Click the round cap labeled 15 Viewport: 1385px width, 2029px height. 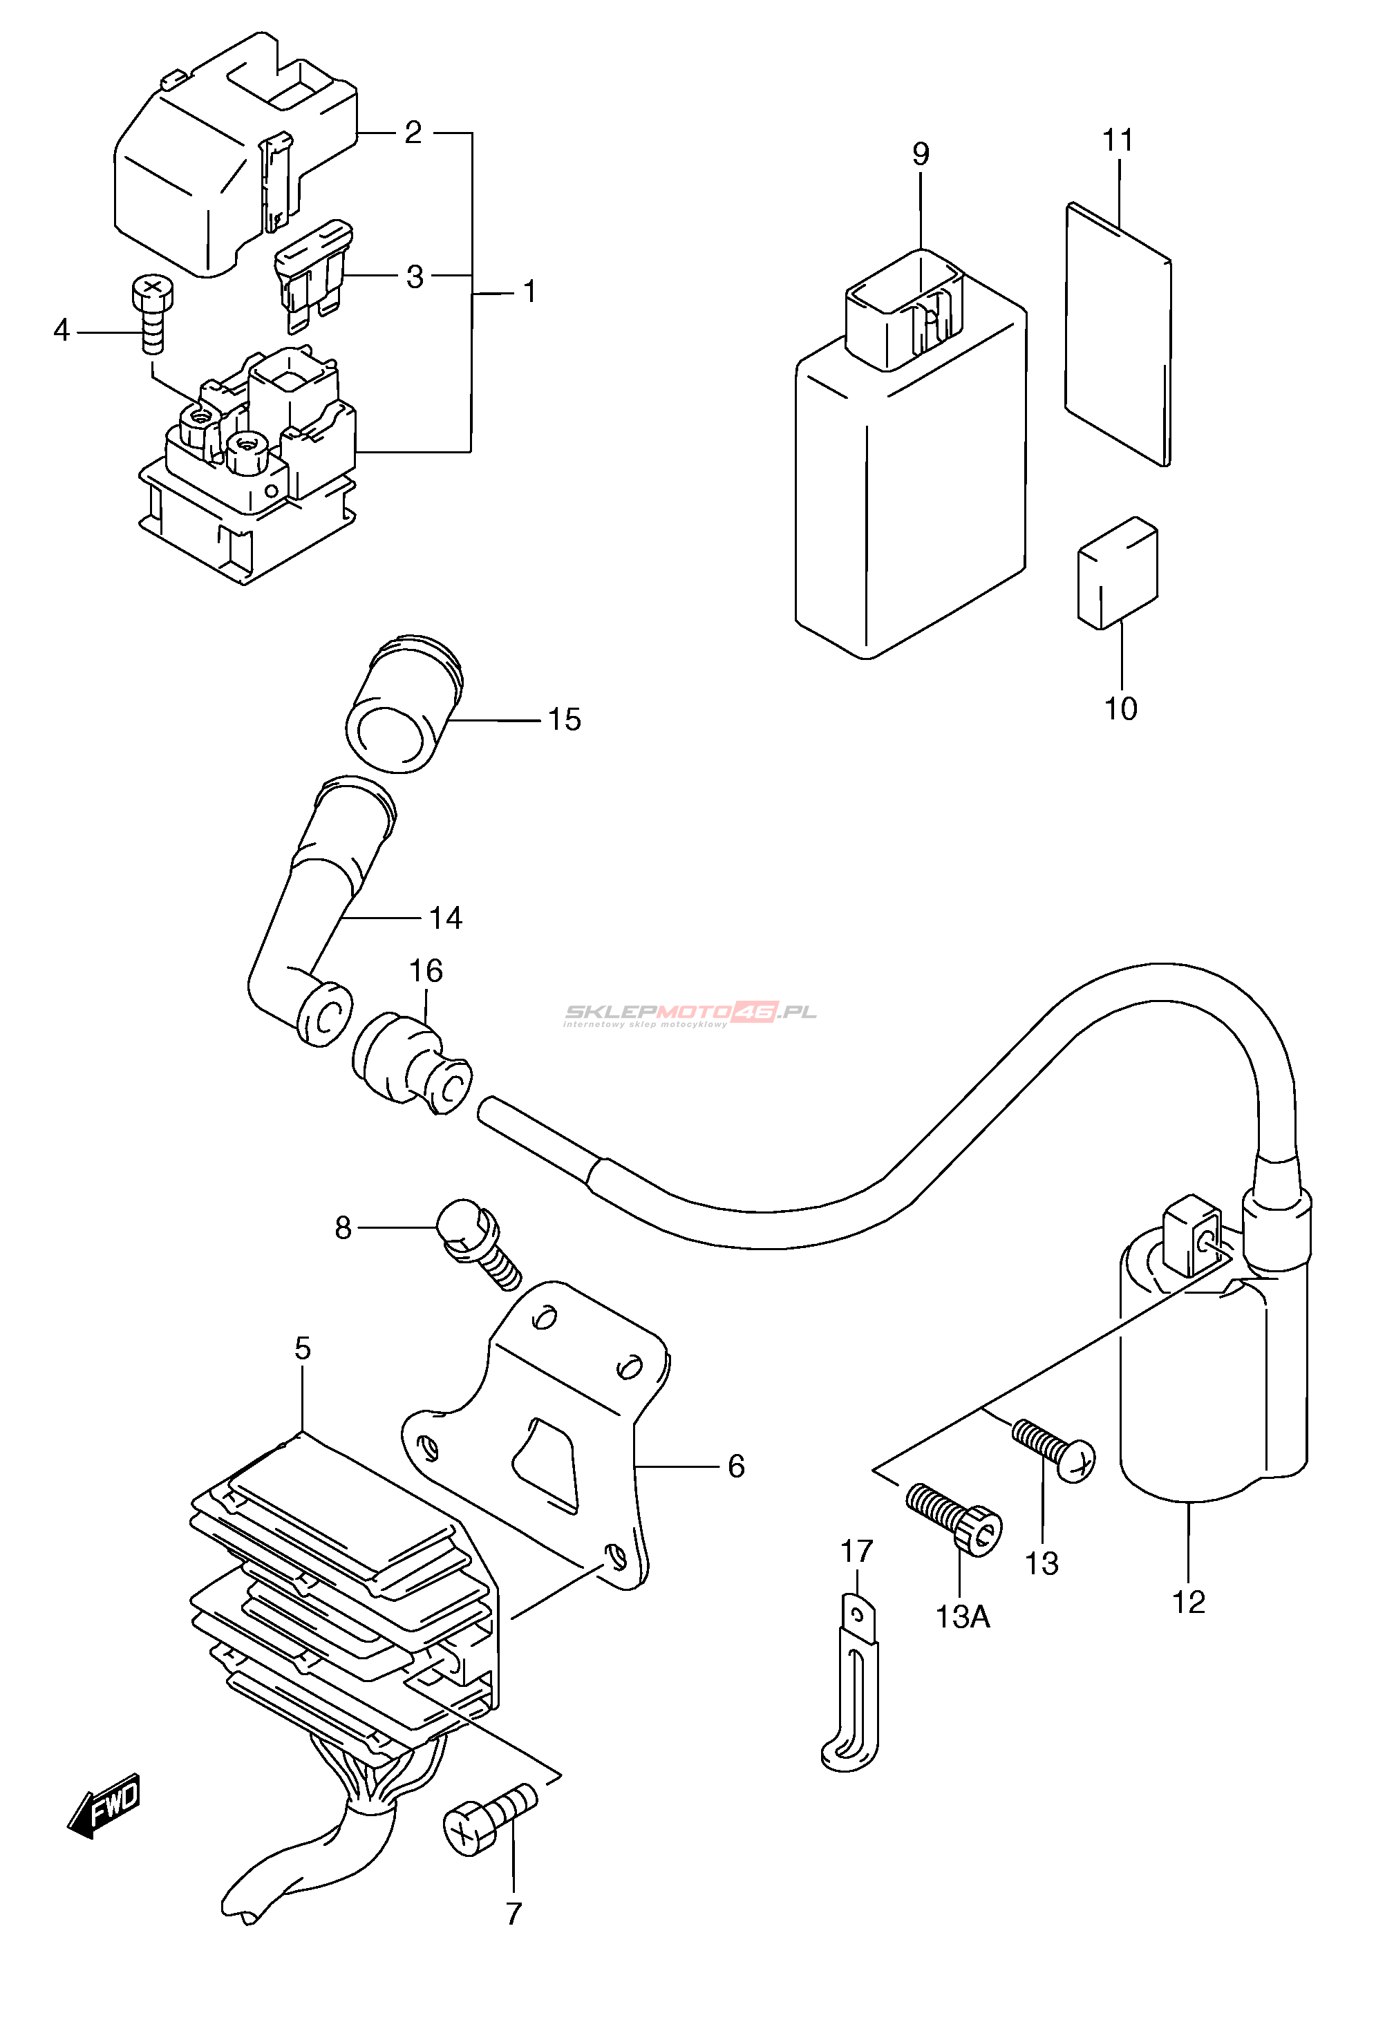(x=404, y=704)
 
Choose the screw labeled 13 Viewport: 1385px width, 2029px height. (x=1053, y=1450)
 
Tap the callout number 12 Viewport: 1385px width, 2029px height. (x=1189, y=1602)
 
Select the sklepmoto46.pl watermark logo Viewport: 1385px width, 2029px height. (x=690, y=1014)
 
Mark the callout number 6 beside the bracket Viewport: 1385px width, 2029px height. (x=736, y=1466)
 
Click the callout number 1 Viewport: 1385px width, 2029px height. (x=529, y=292)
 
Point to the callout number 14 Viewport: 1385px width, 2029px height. (x=445, y=918)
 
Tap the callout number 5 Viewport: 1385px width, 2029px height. (x=302, y=1348)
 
